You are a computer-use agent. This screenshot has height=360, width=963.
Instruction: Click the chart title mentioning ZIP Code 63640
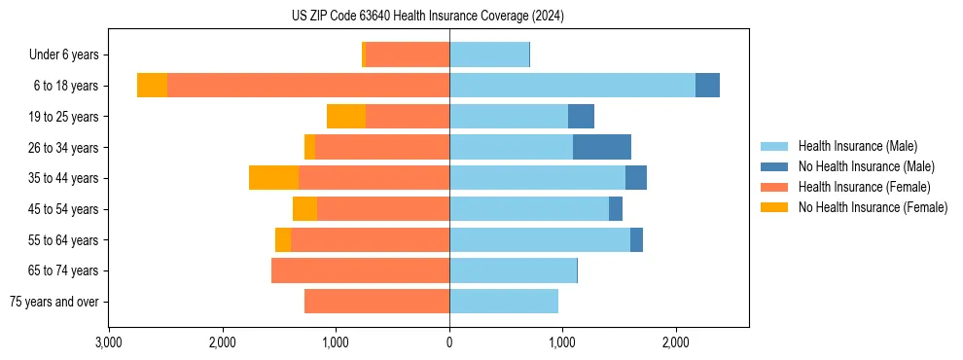click(x=427, y=16)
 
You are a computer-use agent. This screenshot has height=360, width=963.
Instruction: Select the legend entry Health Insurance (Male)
click(x=855, y=146)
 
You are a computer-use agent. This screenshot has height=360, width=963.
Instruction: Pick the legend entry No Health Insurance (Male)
click(x=865, y=166)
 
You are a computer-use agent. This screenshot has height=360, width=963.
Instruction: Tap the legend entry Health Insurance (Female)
click(x=863, y=187)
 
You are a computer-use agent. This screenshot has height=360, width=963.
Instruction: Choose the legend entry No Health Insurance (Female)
click(x=872, y=207)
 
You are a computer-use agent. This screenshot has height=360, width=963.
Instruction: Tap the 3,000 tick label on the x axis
click(x=109, y=342)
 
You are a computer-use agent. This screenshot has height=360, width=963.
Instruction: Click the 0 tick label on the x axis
click(x=449, y=342)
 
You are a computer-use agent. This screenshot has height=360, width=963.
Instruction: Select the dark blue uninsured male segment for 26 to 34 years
click(x=602, y=147)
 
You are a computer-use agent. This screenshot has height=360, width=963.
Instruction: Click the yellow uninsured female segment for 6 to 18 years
click(x=152, y=86)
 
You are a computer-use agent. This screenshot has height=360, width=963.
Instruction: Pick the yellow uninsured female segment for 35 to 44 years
click(x=273, y=178)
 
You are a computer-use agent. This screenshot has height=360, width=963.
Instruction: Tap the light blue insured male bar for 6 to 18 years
click(x=572, y=86)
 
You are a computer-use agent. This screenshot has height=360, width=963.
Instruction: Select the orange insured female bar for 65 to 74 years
click(x=360, y=270)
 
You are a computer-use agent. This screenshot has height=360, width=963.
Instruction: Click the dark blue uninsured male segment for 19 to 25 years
click(x=581, y=117)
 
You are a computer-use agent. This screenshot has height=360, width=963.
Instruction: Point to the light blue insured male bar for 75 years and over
click(x=504, y=302)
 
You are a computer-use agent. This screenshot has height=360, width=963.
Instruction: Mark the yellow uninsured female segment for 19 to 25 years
click(x=346, y=117)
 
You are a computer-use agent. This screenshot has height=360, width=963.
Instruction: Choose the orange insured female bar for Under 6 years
click(x=408, y=55)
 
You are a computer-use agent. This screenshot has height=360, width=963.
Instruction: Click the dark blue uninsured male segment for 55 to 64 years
click(x=636, y=239)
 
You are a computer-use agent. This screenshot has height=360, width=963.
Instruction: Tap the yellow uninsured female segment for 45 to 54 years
click(x=304, y=209)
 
